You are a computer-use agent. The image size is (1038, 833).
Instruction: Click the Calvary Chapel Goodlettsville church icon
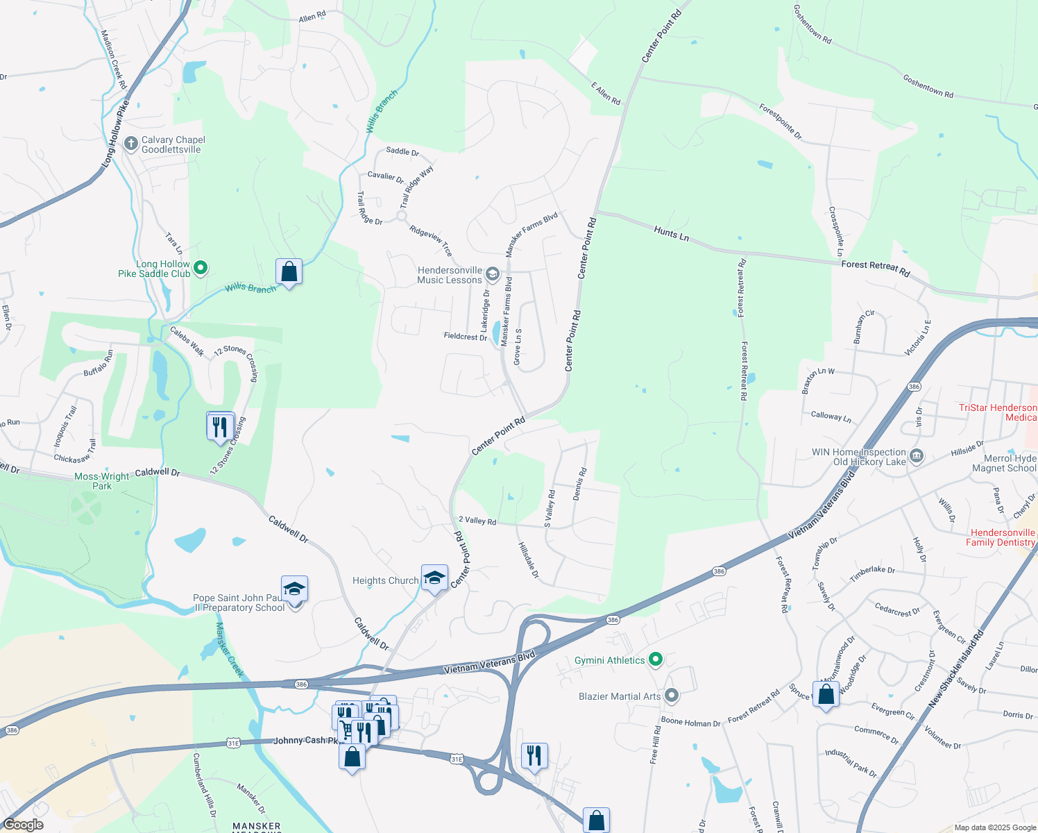[130, 144]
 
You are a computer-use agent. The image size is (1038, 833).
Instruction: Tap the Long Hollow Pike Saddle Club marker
[201, 267]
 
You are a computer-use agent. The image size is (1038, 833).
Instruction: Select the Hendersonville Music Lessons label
[450, 276]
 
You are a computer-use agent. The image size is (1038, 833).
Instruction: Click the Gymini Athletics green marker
[656, 659]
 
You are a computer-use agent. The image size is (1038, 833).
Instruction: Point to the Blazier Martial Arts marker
[671, 695]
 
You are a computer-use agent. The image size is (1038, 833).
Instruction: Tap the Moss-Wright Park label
[101, 481]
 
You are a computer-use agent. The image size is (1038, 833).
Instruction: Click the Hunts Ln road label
[671, 234]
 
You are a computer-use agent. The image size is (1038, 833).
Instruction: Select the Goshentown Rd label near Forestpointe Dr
[928, 85]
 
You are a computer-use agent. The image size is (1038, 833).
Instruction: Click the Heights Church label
[385, 580]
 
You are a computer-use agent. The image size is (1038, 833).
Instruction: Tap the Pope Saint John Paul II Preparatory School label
[239, 603]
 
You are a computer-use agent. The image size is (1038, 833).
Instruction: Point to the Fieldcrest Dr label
[465, 337]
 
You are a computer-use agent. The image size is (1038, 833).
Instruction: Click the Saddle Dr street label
[402, 151]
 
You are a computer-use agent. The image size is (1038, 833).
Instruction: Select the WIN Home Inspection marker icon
[917, 456]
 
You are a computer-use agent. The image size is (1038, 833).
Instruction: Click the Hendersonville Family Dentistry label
[1001, 537]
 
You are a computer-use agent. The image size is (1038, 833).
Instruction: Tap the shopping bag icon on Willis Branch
[289, 272]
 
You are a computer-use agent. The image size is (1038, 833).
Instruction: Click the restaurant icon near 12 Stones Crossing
[220, 426]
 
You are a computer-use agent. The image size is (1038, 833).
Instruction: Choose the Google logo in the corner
[23, 825]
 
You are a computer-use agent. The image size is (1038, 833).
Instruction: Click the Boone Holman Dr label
[690, 723]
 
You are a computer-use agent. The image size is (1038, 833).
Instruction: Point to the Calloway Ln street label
[831, 416]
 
